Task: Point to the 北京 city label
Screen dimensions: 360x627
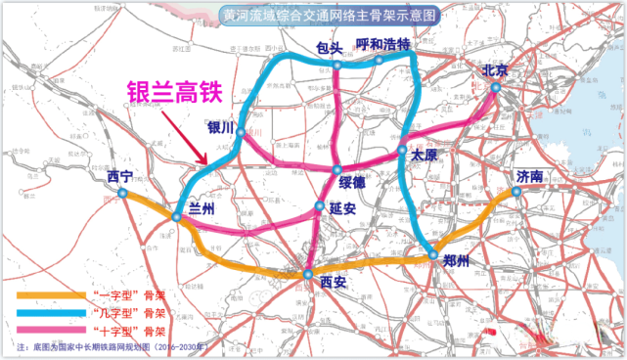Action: (x=495, y=70)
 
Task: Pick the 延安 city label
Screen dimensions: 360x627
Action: (x=341, y=207)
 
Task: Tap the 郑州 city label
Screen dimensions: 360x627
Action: (x=456, y=261)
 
